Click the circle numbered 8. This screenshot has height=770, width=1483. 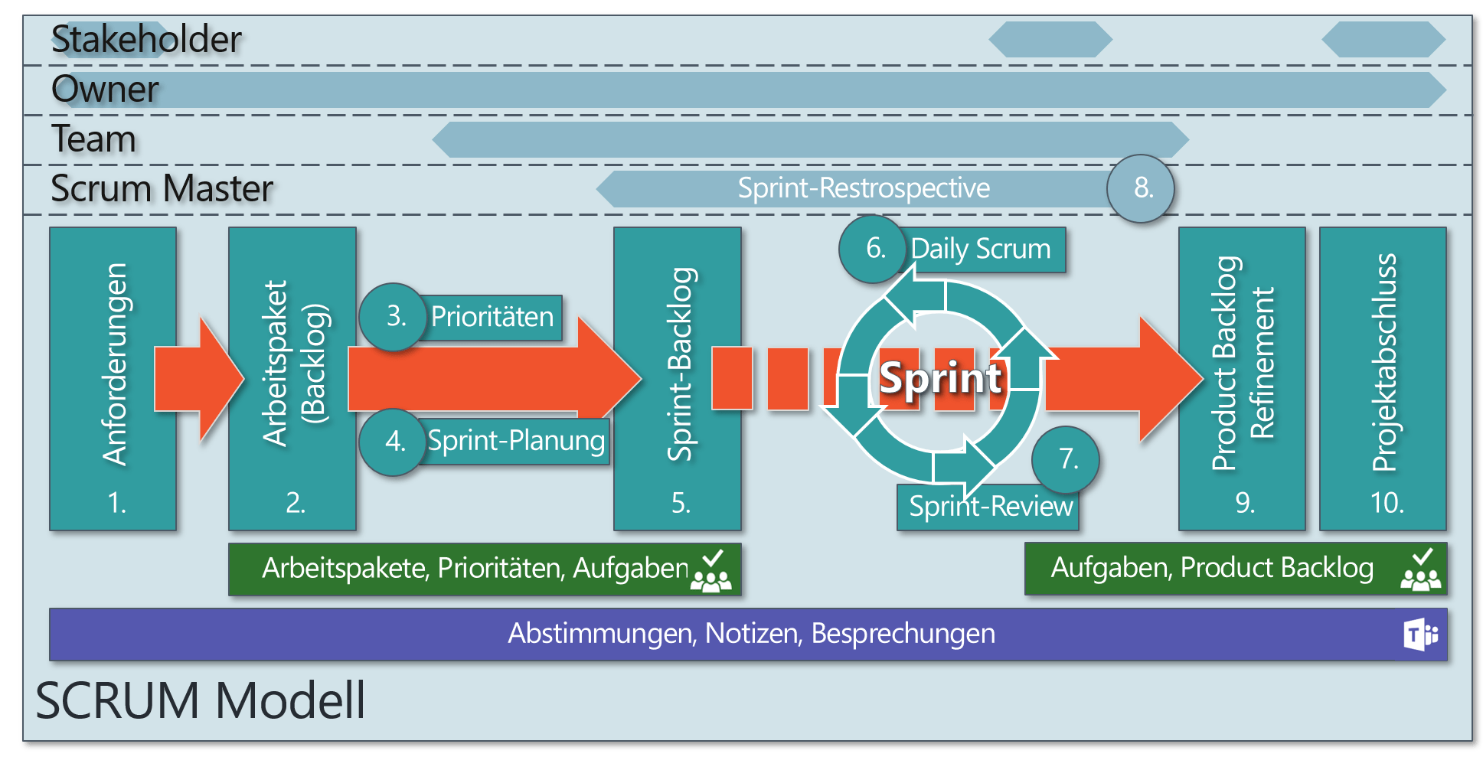click(1141, 188)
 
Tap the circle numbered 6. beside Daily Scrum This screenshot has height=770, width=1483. click(874, 249)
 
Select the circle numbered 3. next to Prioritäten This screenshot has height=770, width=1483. click(394, 317)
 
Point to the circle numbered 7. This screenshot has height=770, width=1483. click(1066, 459)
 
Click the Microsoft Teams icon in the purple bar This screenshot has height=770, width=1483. click(1420, 635)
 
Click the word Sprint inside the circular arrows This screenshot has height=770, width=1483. click(940, 378)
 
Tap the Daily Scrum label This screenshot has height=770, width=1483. click(981, 250)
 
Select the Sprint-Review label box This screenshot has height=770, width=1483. click(990, 507)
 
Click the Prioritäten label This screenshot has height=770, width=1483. click(492, 317)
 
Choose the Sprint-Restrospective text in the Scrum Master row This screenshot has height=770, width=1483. click(863, 188)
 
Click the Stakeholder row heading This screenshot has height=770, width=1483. click(145, 40)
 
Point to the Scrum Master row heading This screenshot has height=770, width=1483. click(162, 189)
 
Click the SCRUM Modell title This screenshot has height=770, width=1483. click(201, 700)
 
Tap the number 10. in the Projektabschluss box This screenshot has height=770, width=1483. click(1386, 503)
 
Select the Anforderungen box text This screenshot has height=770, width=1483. click(115, 364)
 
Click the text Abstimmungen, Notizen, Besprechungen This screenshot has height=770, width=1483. click(751, 634)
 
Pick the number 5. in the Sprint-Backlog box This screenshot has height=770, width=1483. click(680, 503)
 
